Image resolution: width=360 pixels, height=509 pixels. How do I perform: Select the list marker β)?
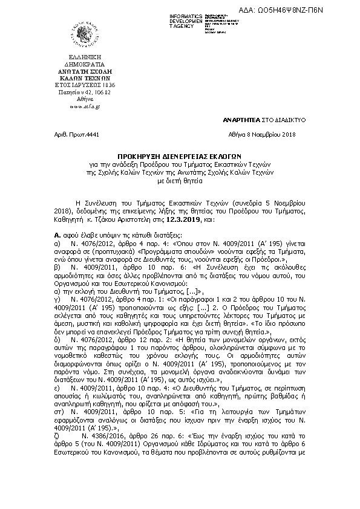pos(56,265)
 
